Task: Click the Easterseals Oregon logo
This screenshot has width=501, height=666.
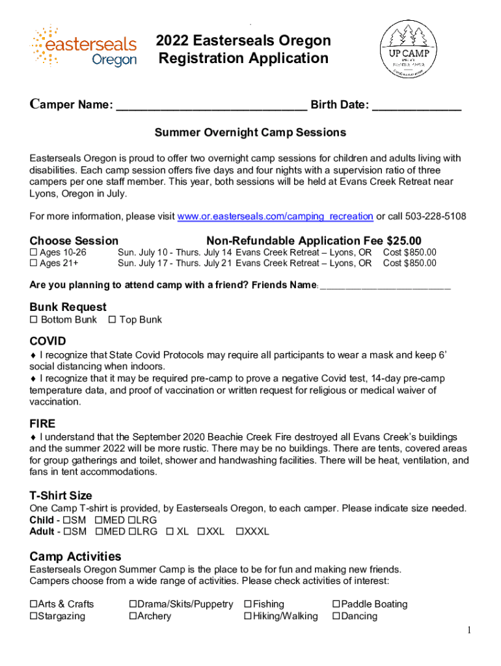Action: tap(83, 47)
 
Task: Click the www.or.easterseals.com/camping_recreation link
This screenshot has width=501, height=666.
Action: tap(275, 216)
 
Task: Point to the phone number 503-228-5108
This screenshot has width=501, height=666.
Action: tap(436, 216)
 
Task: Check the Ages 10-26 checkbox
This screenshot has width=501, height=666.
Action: tap(33, 252)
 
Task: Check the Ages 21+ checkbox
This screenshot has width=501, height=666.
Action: tap(33, 263)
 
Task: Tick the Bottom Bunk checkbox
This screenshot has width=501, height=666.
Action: tap(34, 319)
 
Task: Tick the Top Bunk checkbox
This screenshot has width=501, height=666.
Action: tap(112, 319)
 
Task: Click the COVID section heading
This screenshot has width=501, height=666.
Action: tap(47, 341)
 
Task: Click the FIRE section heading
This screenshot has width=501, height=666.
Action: tap(42, 423)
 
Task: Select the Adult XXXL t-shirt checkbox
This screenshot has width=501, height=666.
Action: tap(239, 531)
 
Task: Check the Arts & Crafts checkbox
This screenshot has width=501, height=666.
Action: tap(33, 604)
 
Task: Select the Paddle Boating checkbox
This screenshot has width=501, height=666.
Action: tap(336, 604)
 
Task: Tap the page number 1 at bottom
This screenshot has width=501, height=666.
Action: tap(468, 630)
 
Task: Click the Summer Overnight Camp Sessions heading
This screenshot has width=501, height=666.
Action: tap(250, 133)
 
